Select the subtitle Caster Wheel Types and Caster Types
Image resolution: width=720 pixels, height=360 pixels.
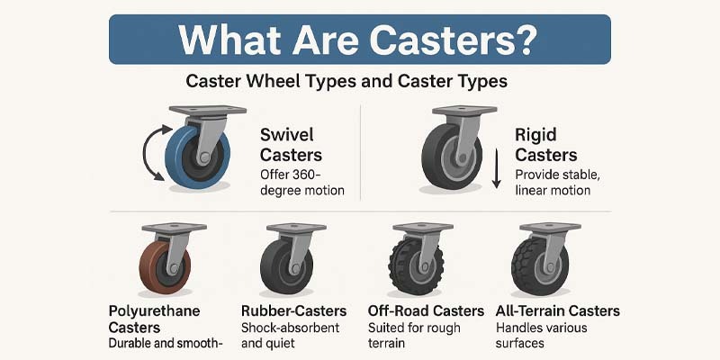tap(346, 81)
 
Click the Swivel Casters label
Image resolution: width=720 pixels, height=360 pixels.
tap(291, 145)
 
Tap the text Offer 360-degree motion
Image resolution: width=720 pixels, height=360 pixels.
tap(302, 183)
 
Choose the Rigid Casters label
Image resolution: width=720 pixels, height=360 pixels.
tap(546, 145)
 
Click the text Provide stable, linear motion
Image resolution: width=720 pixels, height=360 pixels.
tap(557, 183)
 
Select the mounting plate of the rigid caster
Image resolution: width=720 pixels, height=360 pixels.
tap(464, 110)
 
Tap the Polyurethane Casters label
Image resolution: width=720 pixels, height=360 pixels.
tap(154, 319)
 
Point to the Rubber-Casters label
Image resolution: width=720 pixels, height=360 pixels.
tap(294, 310)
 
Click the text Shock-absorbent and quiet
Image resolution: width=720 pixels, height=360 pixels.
tap(290, 335)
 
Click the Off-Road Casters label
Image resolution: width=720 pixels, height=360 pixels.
tap(426, 310)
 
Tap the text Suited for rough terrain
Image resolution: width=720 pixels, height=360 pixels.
tap(414, 335)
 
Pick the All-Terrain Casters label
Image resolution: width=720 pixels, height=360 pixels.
tap(558, 310)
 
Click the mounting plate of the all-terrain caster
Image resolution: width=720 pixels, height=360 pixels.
tap(550, 228)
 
